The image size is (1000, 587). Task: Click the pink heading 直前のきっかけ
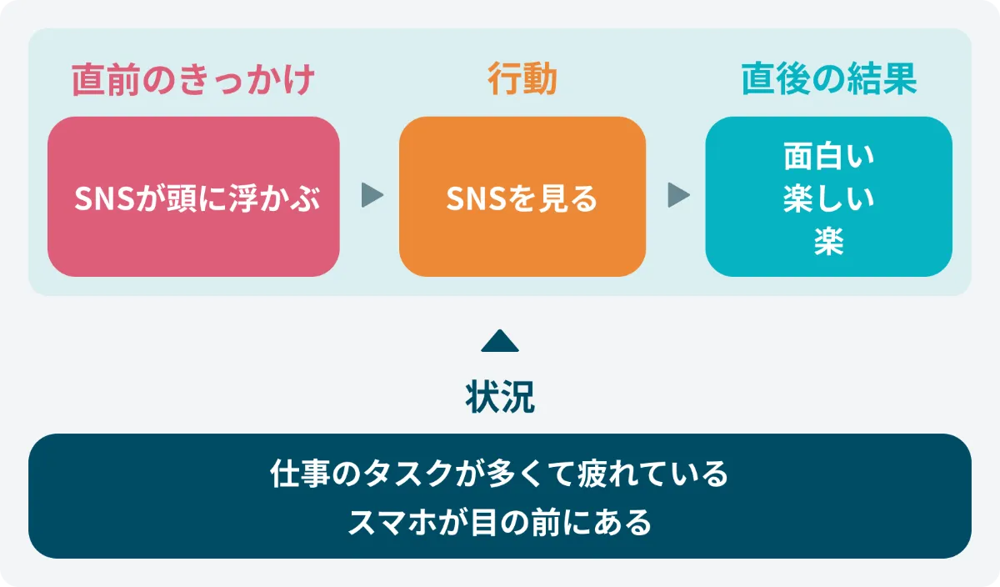tap(193, 79)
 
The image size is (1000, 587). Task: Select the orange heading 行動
tap(522, 78)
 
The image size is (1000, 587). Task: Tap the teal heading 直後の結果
tap(829, 79)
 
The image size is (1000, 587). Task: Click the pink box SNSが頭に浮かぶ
tap(193, 197)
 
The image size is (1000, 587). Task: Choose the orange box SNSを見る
tap(522, 197)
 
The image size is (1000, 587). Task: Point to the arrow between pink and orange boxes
tap(372, 195)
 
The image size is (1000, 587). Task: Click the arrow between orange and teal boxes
tap(678, 195)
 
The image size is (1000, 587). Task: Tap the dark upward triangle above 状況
tap(500, 341)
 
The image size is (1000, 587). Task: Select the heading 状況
tap(500, 397)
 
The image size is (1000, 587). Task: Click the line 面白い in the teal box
tap(829, 157)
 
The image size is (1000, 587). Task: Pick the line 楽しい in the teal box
tap(829, 198)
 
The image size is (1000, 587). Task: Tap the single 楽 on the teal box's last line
tap(829, 241)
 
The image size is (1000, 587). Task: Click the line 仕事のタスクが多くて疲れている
tap(499, 473)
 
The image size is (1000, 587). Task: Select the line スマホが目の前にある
tap(499, 522)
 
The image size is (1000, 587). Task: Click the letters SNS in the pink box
tap(104, 198)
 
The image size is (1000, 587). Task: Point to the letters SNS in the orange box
tap(477, 198)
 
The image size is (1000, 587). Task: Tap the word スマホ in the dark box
tap(392, 522)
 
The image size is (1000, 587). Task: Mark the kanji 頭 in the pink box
tap(182, 198)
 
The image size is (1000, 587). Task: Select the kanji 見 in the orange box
tap(552, 198)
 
